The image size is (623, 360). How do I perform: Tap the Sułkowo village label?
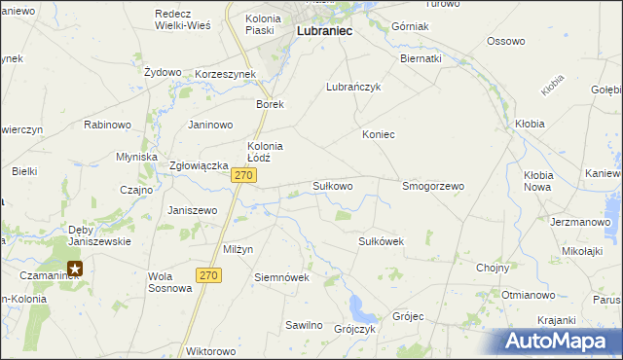(332, 185)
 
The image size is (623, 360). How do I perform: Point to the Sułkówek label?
(381, 240)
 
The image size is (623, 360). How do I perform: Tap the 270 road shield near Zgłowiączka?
(243, 175)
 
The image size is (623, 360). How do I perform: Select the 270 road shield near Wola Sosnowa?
(208, 276)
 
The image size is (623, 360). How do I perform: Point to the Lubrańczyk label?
(352, 87)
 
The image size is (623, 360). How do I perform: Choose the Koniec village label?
(378, 134)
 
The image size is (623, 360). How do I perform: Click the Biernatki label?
(421, 58)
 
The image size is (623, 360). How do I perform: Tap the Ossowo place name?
(505, 41)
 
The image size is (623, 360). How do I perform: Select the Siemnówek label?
(281, 277)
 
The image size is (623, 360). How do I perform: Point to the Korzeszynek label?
(225, 74)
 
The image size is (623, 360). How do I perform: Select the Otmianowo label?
(528, 294)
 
